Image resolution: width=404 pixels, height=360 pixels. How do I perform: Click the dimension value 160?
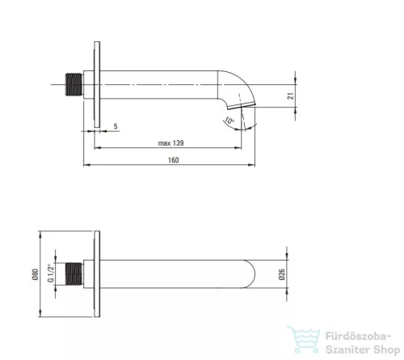point(174,160)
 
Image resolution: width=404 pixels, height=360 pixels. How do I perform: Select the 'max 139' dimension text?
point(171,143)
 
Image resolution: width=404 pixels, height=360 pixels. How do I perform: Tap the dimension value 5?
point(116,126)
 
